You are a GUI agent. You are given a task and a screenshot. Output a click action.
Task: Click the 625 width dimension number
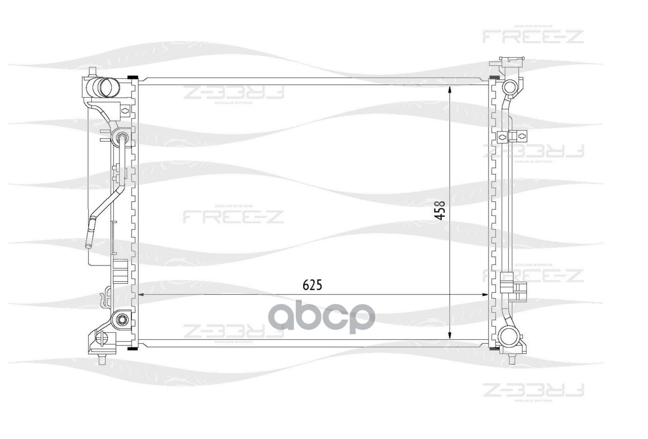pos(312,285)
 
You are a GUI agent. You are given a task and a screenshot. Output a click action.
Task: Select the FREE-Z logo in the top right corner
pos(533,36)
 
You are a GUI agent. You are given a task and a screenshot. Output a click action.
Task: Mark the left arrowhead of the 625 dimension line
pos(141,294)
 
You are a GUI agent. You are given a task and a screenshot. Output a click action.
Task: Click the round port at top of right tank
pos(508,87)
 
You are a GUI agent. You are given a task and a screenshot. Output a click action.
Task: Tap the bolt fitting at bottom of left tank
pos(120,320)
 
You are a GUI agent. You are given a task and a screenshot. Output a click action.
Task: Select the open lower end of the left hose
pos(89,245)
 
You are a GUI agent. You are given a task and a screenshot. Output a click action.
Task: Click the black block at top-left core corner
pos(133,78)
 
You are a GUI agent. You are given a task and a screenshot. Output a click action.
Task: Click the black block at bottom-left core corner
pos(133,348)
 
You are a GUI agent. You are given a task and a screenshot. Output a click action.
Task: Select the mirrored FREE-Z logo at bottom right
pos(533,390)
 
